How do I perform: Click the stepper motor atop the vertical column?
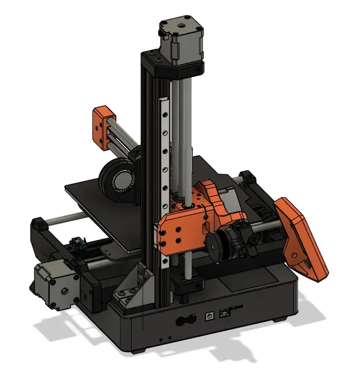pos(180,41)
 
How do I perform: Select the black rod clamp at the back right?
pos(247,177)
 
